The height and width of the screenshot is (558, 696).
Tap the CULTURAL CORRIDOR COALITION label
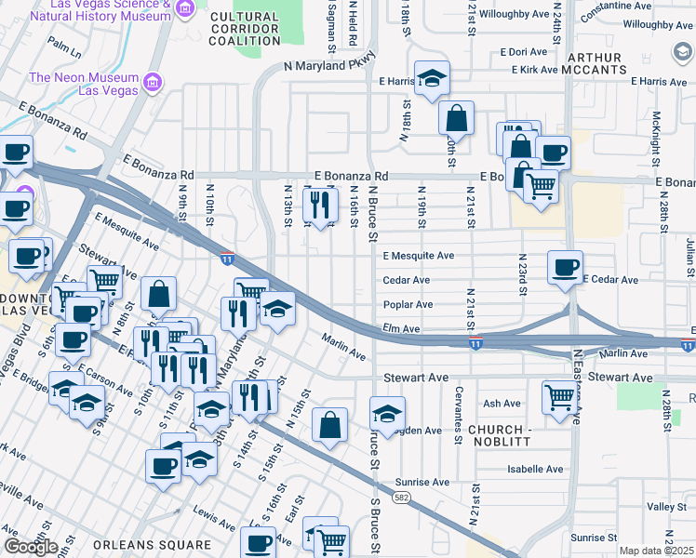click(244, 29)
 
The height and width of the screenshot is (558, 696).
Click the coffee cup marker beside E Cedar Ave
click(565, 267)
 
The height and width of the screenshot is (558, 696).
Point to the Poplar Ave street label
click(408, 304)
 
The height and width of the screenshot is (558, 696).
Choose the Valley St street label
click(666, 507)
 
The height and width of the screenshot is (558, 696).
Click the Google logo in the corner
click(31, 547)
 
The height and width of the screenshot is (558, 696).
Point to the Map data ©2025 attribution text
click(656, 551)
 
